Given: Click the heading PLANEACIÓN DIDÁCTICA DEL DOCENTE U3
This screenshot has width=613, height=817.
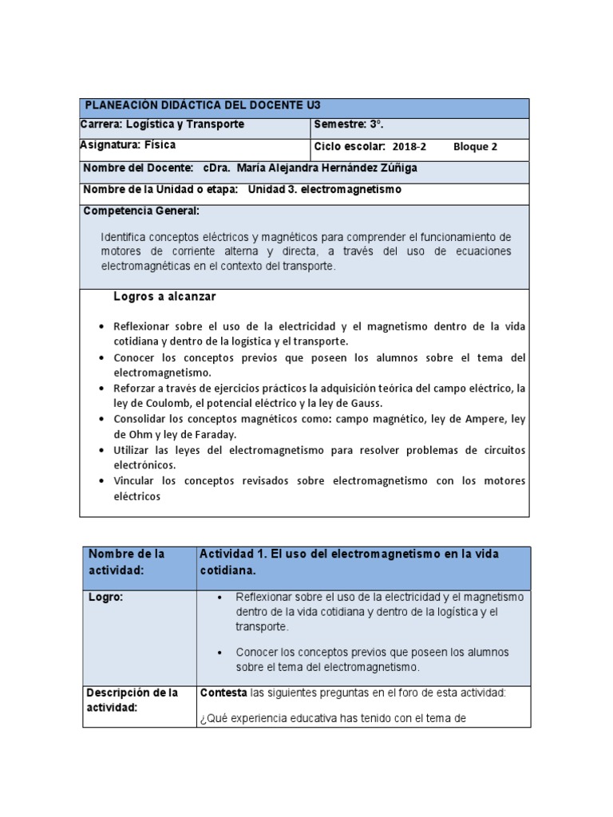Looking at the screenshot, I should click(191, 105).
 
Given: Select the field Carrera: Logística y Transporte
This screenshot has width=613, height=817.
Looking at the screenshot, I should click(163, 125).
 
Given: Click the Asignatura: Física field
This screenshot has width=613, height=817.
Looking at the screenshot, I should click(129, 146).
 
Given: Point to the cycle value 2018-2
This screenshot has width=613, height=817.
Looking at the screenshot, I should click(409, 147).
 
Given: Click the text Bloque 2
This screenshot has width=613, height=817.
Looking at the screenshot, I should click(475, 147).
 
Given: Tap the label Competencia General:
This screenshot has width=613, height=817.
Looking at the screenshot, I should click(141, 211).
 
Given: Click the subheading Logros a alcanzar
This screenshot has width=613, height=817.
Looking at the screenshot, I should click(164, 297).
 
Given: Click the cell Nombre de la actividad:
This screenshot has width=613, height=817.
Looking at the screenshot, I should click(127, 562).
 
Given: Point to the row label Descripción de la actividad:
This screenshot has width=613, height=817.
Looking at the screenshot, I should click(132, 700).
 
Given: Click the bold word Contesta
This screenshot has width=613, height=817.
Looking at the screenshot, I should click(223, 693).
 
